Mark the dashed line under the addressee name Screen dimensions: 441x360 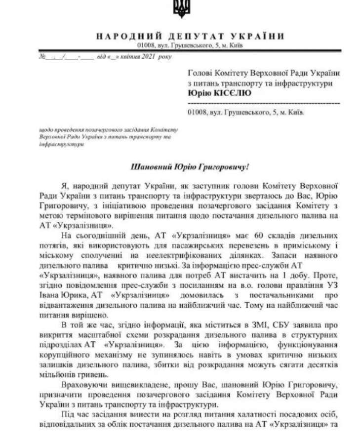pyautogui.click(x=264, y=103)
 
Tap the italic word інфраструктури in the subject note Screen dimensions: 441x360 pyautogui.click(x=55, y=144)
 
